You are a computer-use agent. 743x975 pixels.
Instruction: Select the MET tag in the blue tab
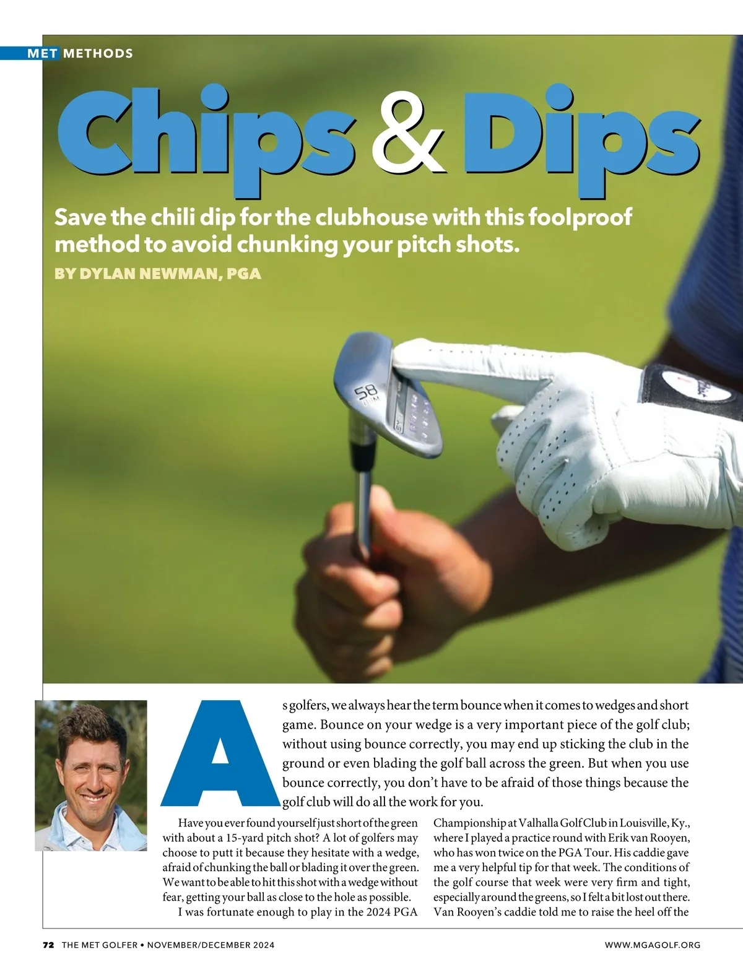(x=43, y=53)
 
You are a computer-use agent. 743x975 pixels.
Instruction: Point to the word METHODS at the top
(x=98, y=53)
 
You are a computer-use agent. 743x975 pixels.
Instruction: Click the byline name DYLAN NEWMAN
(x=148, y=273)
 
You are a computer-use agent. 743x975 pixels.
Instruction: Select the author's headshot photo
(x=91, y=775)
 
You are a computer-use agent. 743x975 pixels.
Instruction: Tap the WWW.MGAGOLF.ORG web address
(x=653, y=945)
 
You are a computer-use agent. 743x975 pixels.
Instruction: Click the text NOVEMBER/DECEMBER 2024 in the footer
(x=211, y=945)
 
